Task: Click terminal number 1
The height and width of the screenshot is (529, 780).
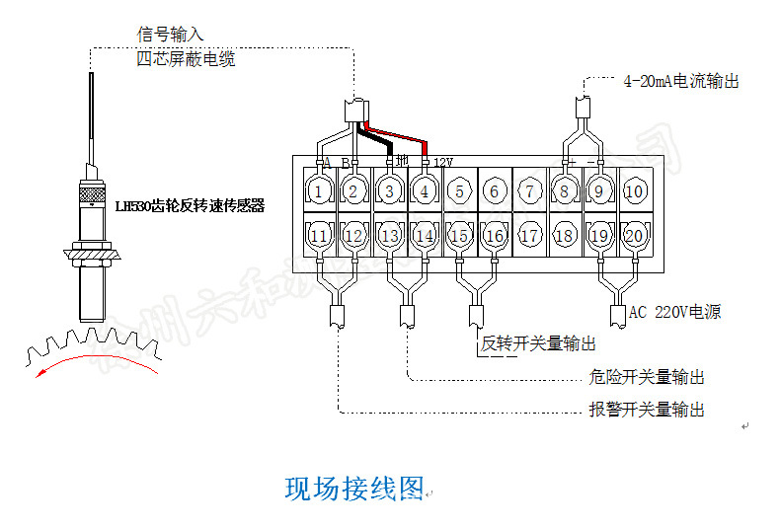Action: [x=319, y=190]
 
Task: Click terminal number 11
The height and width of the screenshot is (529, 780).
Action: [x=319, y=236]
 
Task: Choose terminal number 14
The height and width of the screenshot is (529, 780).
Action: [x=425, y=236]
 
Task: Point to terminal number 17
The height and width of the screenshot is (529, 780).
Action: [x=530, y=236]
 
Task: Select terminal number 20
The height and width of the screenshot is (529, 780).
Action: [x=635, y=236]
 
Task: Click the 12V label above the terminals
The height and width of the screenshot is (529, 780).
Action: [x=442, y=162]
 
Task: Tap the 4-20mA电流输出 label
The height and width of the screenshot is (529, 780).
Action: [x=681, y=82]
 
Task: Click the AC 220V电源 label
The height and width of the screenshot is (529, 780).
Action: [x=675, y=313]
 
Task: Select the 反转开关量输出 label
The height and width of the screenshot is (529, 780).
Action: [x=538, y=343]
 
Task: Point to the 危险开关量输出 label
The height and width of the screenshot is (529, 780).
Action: [x=647, y=377]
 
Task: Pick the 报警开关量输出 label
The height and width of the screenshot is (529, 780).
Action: [x=647, y=410]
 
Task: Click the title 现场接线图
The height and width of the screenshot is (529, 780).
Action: [x=353, y=489]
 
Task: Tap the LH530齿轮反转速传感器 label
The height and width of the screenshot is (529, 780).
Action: [x=191, y=206]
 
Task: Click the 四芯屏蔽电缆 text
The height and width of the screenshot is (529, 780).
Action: [x=186, y=59]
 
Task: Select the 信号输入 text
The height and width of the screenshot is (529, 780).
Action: [x=170, y=35]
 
